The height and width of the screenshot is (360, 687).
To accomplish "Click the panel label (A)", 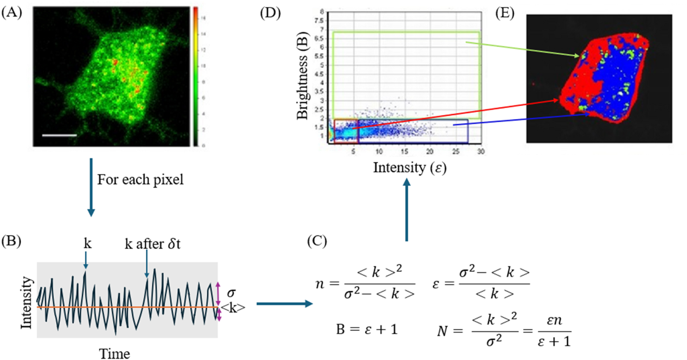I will [12, 13].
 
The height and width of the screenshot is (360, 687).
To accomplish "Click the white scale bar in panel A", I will [59, 135].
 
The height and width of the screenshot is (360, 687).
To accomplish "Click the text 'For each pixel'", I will [140, 180].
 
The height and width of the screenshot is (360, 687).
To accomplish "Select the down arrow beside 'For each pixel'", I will [91, 187].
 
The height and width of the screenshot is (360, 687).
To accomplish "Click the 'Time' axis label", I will [114, 353].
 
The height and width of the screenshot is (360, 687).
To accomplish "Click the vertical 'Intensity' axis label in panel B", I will [26, 303].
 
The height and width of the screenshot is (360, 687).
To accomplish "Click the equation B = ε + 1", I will [367, 329].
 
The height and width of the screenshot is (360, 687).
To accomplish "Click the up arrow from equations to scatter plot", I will [406, 209].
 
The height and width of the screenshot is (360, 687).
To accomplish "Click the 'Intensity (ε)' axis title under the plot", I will [410, 168].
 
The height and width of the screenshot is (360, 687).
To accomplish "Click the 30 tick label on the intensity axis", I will [481, 151].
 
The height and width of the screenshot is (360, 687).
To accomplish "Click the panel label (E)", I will [505, 13].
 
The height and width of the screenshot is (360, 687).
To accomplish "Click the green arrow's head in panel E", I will [578, 56].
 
